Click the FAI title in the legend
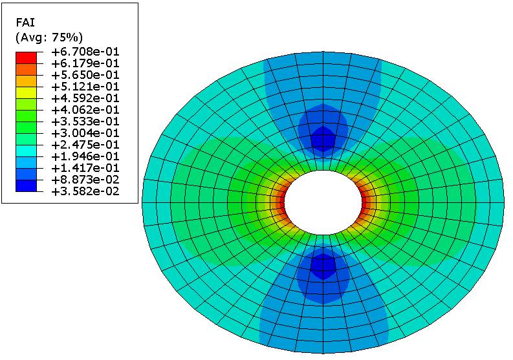(x=25, y=22)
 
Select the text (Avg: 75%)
(x=49, y=37)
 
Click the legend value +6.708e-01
(x=85, y=52)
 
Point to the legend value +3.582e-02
(x=85, y=191)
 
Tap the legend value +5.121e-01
(x=85, y=87)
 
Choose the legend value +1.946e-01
(x=85, y=156)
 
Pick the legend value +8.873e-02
(x=85, y=180)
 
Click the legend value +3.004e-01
(x=85, y=133)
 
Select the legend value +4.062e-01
(x=85, y=110)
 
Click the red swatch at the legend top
(x=26, y=58)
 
